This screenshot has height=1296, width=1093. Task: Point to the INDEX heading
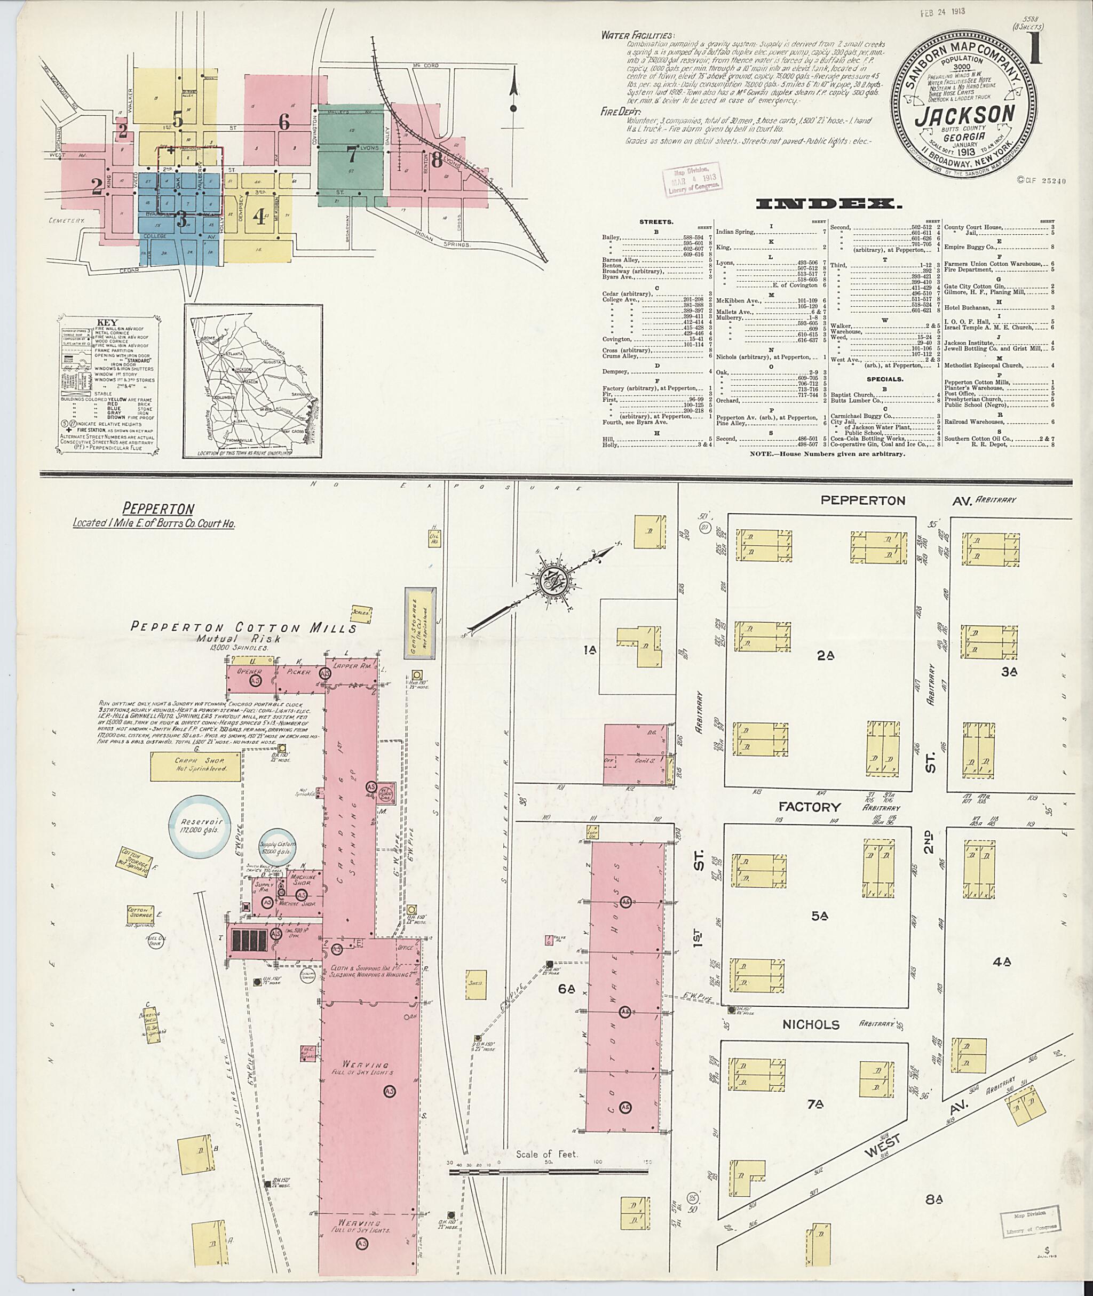point(828,204)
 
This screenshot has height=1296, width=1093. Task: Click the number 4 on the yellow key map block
point(259,219)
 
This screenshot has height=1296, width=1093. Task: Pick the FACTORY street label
point(809,807)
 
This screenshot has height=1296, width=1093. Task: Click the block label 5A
point(819,916)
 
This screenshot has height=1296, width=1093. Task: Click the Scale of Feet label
point(546,1155)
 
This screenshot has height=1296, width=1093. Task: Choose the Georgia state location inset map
point(253,381)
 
